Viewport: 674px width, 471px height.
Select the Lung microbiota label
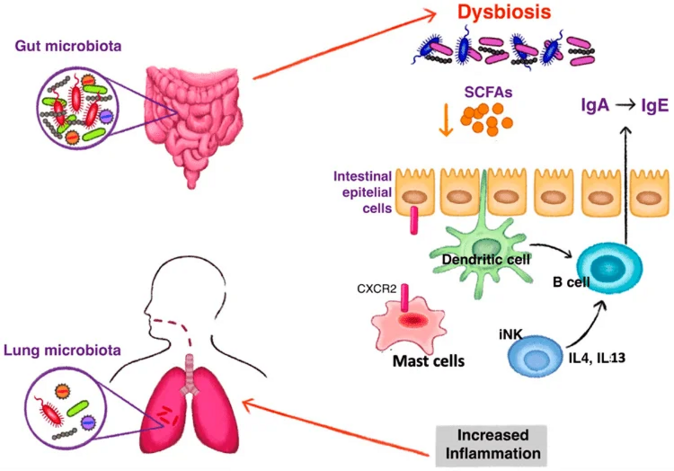tap(62, 350)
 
